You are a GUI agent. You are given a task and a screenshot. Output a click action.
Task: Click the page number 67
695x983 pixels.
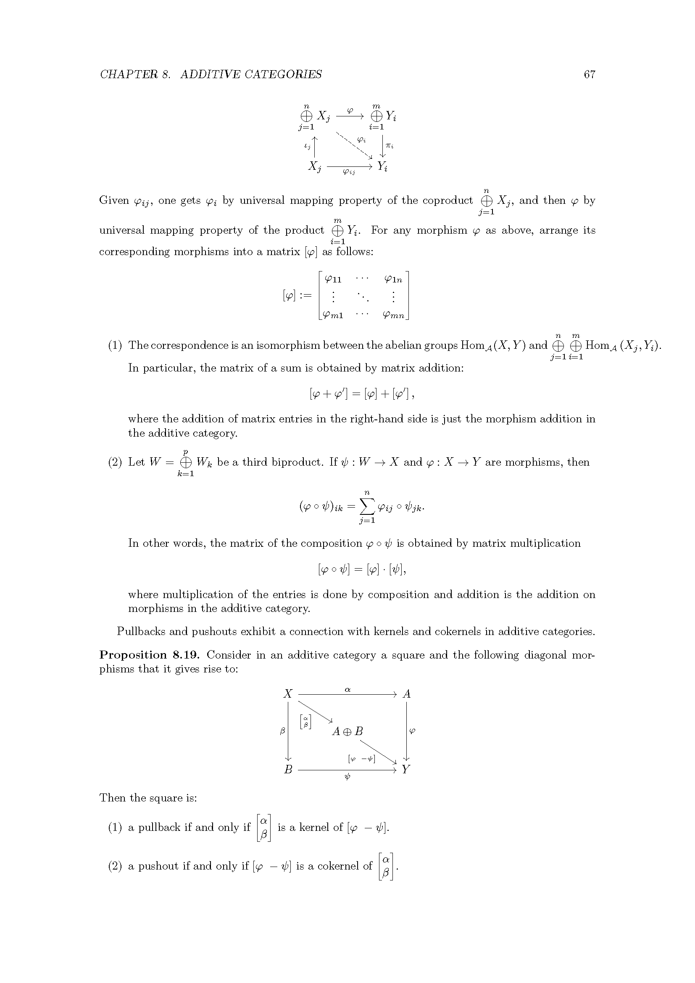[x=589, y=74]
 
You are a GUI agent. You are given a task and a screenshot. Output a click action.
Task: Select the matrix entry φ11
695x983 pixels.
[x=333, y=279]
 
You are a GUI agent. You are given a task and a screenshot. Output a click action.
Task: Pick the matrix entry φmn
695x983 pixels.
[x=394, y=316]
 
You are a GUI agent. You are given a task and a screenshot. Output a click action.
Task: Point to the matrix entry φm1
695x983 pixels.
[x=333, y=316]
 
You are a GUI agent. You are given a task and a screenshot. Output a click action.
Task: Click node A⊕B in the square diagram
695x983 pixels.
[x=347, y=732]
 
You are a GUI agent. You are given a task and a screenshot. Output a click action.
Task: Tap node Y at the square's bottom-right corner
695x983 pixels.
[x=406, y=770]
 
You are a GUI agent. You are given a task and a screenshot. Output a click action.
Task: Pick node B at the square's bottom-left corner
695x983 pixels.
[x=288, y=770]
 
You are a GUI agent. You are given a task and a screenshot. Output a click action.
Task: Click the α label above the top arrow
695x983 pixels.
[x=347, y=690]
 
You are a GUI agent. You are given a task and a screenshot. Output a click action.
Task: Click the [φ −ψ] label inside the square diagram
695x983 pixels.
[x=362, y=759]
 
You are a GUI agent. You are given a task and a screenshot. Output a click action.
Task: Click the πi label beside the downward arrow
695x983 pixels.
[x=389, y=145]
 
